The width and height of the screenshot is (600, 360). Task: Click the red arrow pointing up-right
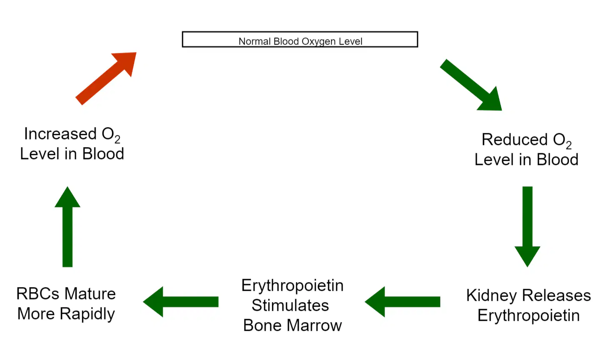(106, 78)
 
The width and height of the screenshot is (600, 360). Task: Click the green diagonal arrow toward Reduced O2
(471, 85)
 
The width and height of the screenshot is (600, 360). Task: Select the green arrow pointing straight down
(527, 227)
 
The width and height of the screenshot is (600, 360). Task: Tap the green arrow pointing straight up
(67, 227)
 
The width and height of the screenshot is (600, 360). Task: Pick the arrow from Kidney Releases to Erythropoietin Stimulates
(402, 302)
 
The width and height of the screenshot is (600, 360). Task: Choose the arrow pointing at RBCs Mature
(181, 302)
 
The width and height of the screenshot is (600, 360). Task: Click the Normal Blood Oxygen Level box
(300, 39)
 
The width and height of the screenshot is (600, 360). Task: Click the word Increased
(60, 134)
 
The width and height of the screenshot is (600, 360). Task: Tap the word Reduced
(515, 140)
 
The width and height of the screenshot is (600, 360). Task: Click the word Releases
(557, 295)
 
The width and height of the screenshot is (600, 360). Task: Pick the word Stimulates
(290, 305)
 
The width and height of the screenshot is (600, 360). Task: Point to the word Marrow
(314, 325)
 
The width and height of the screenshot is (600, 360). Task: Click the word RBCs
(38, 294)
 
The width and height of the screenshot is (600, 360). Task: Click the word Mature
(90, 294)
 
